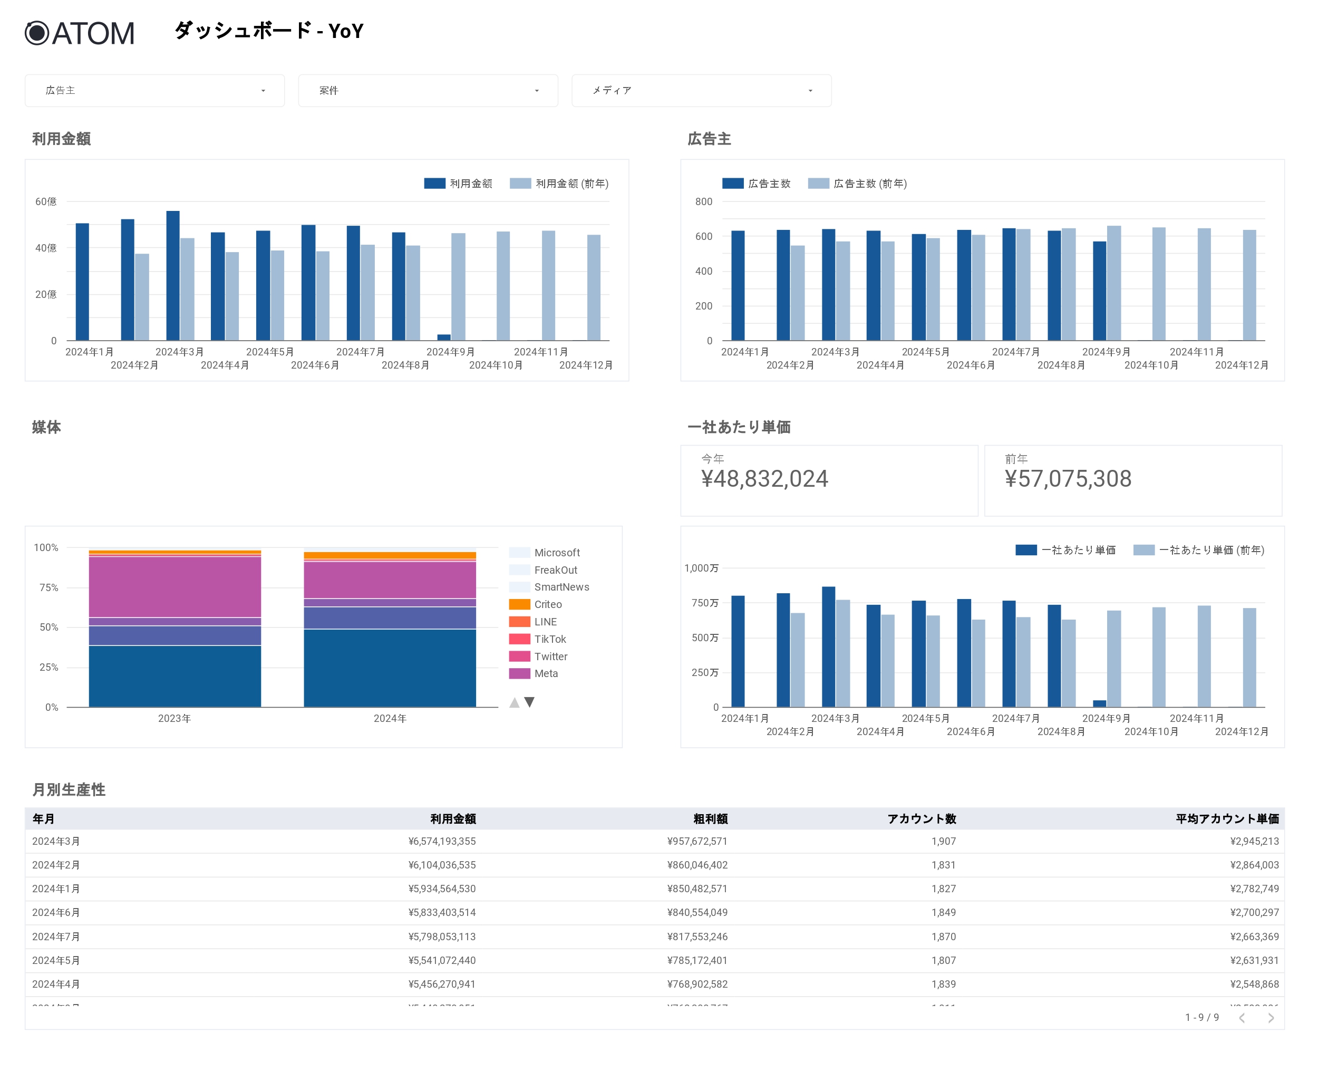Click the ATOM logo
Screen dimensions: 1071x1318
[x=80, y=33]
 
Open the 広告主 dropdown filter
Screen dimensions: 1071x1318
[x=154, y=91]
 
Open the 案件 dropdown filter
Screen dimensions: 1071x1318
[x=428, y=91]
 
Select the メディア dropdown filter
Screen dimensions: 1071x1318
[x=701, y=91]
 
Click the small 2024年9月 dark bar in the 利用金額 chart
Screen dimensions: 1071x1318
[x=443, y=337]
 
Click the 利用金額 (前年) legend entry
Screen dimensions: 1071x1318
[x=559, y=183]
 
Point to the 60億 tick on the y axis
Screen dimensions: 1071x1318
[x=46, y=202]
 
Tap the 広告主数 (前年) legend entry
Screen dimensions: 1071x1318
[x=857, y=183]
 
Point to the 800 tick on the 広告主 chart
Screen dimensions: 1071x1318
[x=703, y=202]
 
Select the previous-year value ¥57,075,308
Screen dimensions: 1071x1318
[x=1068, y=479]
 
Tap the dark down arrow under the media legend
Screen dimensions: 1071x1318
[x=529, y=702]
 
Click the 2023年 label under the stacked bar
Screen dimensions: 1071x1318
[x=175, y=718]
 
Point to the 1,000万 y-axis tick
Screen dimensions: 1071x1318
[x=701, y=568]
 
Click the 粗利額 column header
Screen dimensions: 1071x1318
[x=710, y=818]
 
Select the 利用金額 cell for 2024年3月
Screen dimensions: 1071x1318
[x=442, y=842]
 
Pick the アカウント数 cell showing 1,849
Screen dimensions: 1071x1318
[x=943, y=912]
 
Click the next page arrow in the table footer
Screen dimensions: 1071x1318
[x=1271, y=1018]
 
